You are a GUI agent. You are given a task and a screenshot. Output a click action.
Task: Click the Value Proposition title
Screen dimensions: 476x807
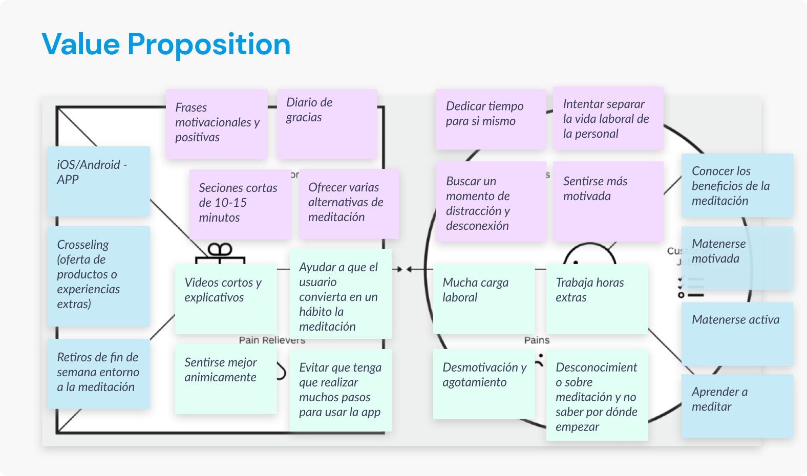point(166,44)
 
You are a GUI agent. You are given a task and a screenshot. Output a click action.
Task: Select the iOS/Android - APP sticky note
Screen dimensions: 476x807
point(98,181)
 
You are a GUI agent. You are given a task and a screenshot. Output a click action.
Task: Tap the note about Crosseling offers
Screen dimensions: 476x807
point(98,276)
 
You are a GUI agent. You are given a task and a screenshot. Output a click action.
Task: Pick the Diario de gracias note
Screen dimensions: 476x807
point(327,123)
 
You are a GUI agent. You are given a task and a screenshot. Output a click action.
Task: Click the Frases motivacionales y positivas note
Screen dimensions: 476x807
point(216,123)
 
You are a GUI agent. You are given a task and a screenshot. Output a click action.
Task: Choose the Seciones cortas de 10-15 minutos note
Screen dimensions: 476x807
point(240,204)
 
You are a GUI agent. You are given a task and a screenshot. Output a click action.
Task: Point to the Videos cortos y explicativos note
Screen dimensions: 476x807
point(225,298)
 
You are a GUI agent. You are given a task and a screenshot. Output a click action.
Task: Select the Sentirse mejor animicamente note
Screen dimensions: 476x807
point(225,378)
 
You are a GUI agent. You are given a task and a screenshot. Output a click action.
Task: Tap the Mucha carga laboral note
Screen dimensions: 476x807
point(483,298)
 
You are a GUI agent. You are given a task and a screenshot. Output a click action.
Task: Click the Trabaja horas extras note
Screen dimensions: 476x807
point(597,298)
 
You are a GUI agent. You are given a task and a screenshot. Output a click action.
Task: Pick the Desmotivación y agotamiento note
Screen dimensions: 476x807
point(483,383)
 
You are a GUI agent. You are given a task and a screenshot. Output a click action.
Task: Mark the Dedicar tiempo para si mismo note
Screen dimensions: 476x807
point(490,119)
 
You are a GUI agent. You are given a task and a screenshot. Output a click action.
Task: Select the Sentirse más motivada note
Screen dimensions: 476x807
point(608,201)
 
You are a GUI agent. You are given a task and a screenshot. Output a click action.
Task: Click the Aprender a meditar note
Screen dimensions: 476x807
point(737,405)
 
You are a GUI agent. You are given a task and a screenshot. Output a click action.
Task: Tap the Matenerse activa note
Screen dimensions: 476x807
point(737,333)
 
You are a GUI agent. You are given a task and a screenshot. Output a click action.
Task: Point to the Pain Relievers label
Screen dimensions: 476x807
point(272,340)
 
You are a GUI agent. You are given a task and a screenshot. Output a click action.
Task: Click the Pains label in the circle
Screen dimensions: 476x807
point(537,340)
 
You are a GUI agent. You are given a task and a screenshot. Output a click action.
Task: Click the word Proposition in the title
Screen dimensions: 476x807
point(209,44)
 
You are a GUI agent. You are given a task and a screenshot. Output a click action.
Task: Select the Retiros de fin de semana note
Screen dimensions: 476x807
point(98,373)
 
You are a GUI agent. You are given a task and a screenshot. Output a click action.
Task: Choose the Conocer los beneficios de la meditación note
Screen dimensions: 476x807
point(737,185)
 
